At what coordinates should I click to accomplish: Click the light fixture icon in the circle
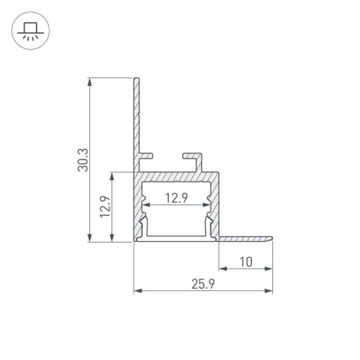click(x=29, y=31)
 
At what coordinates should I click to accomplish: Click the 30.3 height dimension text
click(x=84, y=160)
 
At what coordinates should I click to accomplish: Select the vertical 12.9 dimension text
click(x=106, y=207)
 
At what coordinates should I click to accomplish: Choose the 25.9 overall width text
click(x=204, y=285)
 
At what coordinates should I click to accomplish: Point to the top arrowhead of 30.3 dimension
click(x=90, y=81)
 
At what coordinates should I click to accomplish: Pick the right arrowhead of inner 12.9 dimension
click(x=209, y=207)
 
